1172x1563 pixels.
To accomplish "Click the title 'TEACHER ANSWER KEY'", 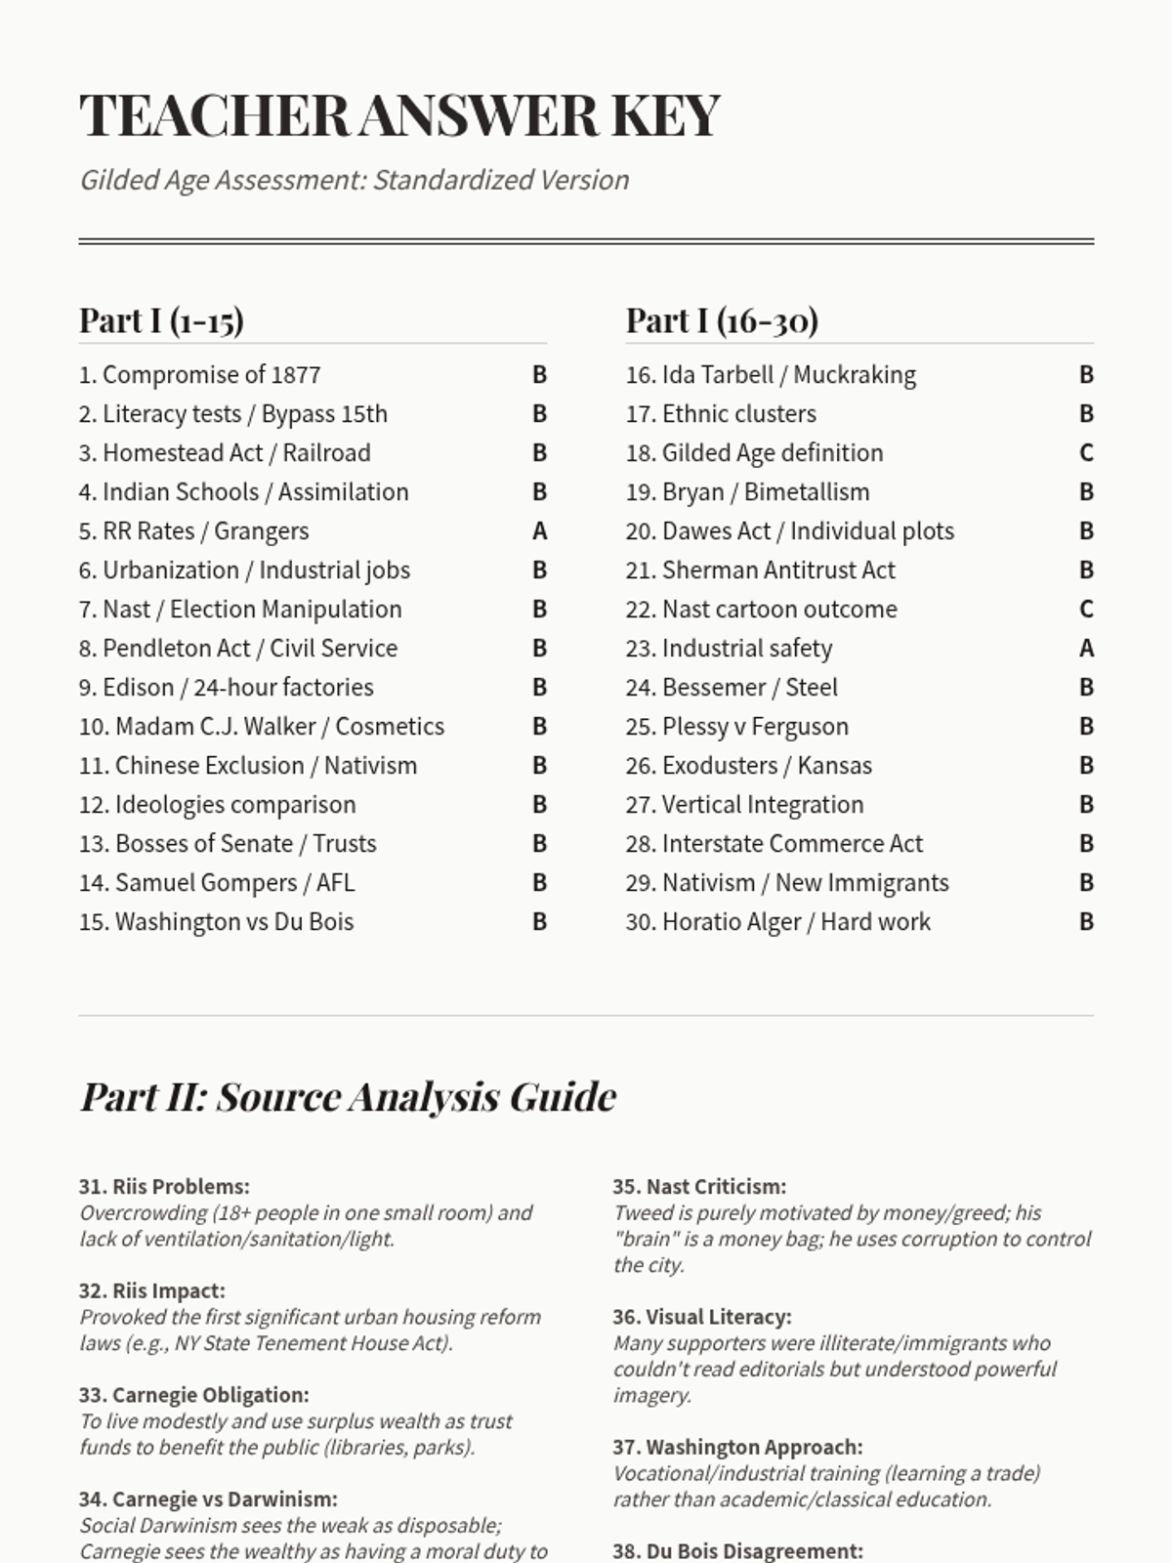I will tap(399, 115).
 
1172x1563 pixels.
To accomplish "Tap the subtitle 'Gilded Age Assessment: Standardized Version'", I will tap(354, 180).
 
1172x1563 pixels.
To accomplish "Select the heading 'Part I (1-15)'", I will tap(161, 320).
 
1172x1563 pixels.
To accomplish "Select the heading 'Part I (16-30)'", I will tap(722, 320).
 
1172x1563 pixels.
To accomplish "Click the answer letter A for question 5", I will tap(539, 531).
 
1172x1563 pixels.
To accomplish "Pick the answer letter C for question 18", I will tap(1086, 453).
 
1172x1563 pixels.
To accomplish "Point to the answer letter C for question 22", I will tap(1086, 610).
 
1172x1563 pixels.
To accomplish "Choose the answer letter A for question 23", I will tap(1086, 649).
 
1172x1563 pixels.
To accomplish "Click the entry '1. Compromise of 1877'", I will tap(199, 375).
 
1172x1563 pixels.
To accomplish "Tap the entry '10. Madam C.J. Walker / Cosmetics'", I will tap(261, 727).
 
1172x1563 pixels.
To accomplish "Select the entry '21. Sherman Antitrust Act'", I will tap(760, 570).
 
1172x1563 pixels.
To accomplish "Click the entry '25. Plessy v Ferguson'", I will tap(736, 727).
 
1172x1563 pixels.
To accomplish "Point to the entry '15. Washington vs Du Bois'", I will tap(216, 922).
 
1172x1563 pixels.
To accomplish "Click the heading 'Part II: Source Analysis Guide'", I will tap(348, 1097).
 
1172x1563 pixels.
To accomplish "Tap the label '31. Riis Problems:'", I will tap(164, 1187).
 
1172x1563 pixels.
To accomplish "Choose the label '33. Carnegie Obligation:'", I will tap(193, 1395).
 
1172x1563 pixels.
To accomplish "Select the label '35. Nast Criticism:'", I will tap(699, 1187).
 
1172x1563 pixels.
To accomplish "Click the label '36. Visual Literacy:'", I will tap(702, 1317).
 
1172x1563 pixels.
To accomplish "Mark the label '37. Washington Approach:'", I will tap(737, 1447).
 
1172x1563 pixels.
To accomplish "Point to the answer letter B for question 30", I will tap(1086, 922).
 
